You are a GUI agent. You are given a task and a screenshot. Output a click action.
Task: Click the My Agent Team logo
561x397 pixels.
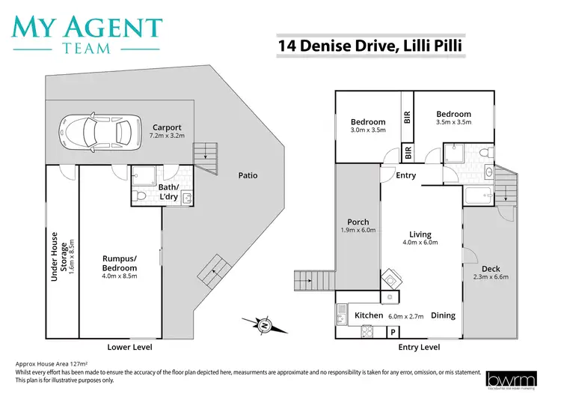(x=87, y=33)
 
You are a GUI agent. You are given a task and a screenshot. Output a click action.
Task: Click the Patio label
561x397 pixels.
(x=248, y=175)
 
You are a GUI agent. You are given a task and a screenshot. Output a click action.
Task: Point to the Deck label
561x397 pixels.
(x=491, y=269)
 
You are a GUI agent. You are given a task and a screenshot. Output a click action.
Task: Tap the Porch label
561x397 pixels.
(x=358, y=222)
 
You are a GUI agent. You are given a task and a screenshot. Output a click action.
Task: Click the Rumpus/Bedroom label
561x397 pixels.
(x=120, y=263)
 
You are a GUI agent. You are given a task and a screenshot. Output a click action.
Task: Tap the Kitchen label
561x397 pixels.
(x=369, y=315)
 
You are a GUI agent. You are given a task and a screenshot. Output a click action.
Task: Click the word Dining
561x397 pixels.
(x=444, y=315)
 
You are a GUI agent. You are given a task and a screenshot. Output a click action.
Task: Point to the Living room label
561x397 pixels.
(x=420, y=234)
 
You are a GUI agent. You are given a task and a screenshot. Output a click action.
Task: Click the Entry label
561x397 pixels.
(x=406, y=175)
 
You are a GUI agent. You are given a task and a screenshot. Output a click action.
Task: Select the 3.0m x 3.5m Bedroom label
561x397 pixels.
(x=368, y=122)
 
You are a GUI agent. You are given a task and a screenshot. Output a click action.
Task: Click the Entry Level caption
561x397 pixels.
(x=419, y=348)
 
